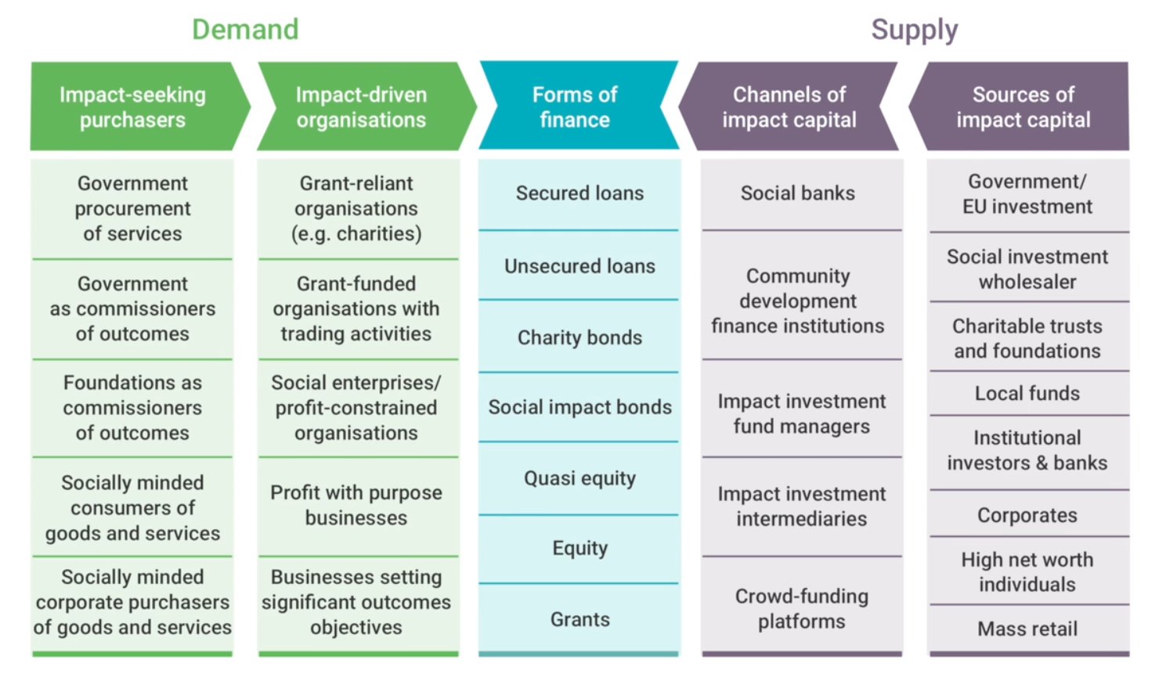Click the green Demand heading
click(245, 29)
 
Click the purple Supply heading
click(914, 30)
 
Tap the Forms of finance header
click(579, 106)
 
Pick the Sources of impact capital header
click(1019, 106)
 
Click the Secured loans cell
click(579, 193)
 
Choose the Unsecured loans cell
click(579, 266)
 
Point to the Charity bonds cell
click(579, 337)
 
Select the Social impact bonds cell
click(579, 407)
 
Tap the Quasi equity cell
click(579, 478)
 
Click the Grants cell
click(579, 619)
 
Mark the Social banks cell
click(801, 193)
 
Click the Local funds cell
click(1029, 393)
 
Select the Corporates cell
click(1029, 514)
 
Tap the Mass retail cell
click(1029, 629)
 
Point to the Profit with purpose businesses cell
click(358, 506)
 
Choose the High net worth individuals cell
click(1029, 571)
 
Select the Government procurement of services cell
click(132, 208)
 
